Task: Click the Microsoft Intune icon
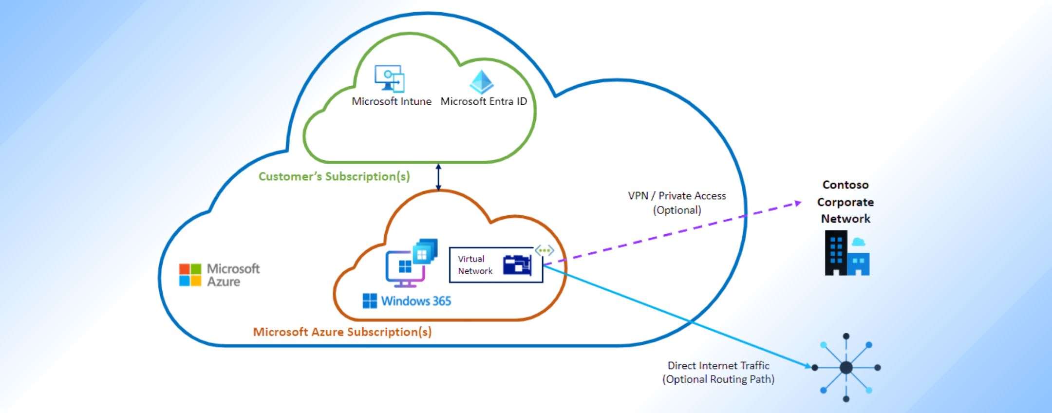(390, 78)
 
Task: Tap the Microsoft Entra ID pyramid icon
(482, 82)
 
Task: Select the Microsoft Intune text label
(392, 101)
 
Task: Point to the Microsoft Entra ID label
(484, 101)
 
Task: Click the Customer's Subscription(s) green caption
(334, 176)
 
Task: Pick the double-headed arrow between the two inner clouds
(438, 177)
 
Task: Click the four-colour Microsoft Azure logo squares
(190, 275)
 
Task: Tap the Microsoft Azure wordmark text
(233, 275)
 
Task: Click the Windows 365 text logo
(407, 301)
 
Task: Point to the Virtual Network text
(474, 265)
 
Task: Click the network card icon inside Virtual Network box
(517, 265)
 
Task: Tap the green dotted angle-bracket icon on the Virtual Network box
(544, 251)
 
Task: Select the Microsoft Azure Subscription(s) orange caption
(342, 332)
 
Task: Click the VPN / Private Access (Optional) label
(676, 203)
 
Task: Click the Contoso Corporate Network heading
(845, 202)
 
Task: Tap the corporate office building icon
(847, 253)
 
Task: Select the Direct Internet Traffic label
(718, 372)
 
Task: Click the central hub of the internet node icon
(846, 367)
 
